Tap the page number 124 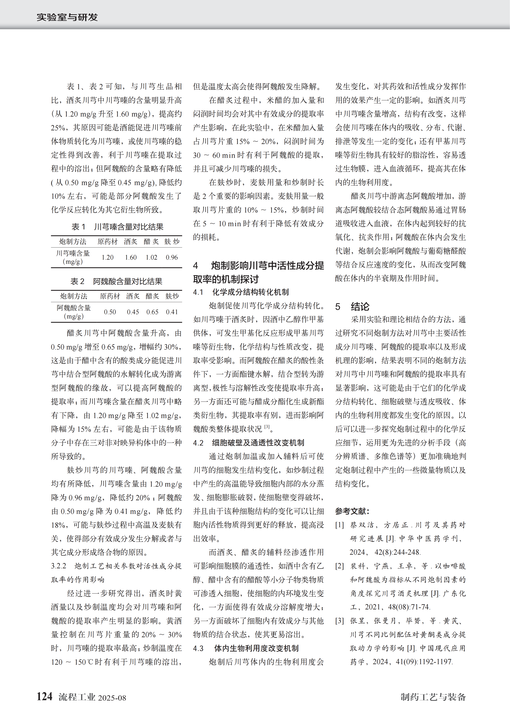pos(44,696)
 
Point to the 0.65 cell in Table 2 pos(152,312)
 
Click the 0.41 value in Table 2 pos(172,312)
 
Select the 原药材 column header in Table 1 pos(107,241)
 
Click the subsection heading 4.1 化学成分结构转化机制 pos(241,292)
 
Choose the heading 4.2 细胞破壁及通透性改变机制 pos(248,443)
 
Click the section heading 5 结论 pos(352,306)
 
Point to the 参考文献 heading pos(352,511)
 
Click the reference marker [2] pos(340,566)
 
